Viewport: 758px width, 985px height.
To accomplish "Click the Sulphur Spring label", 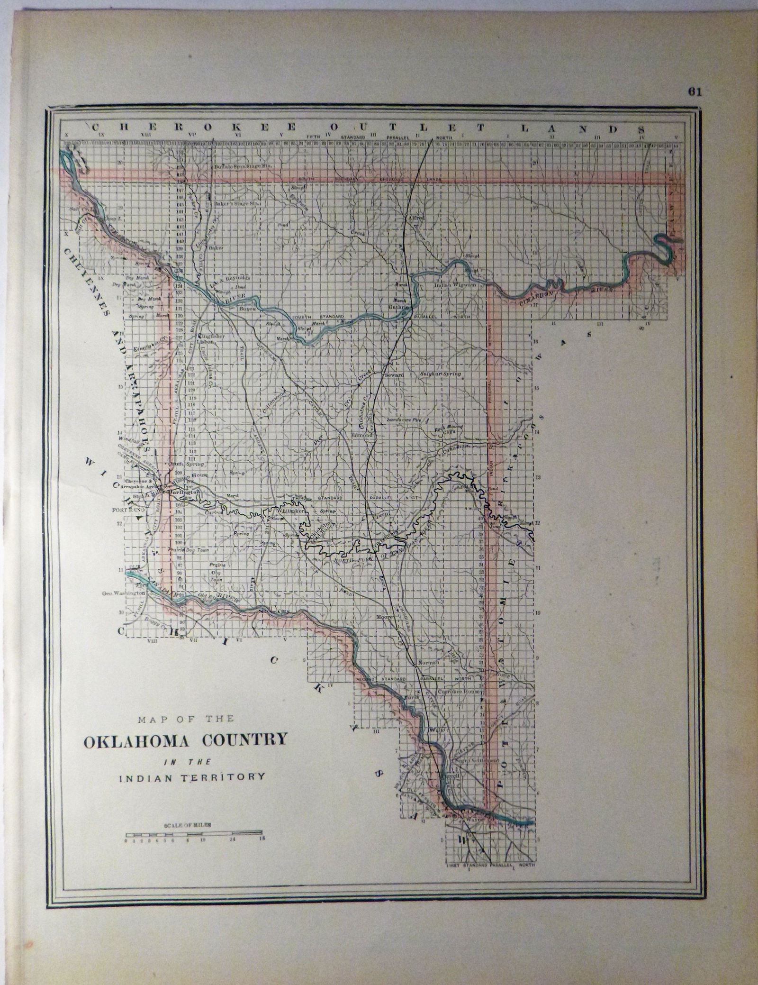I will [x=441, y=374].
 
